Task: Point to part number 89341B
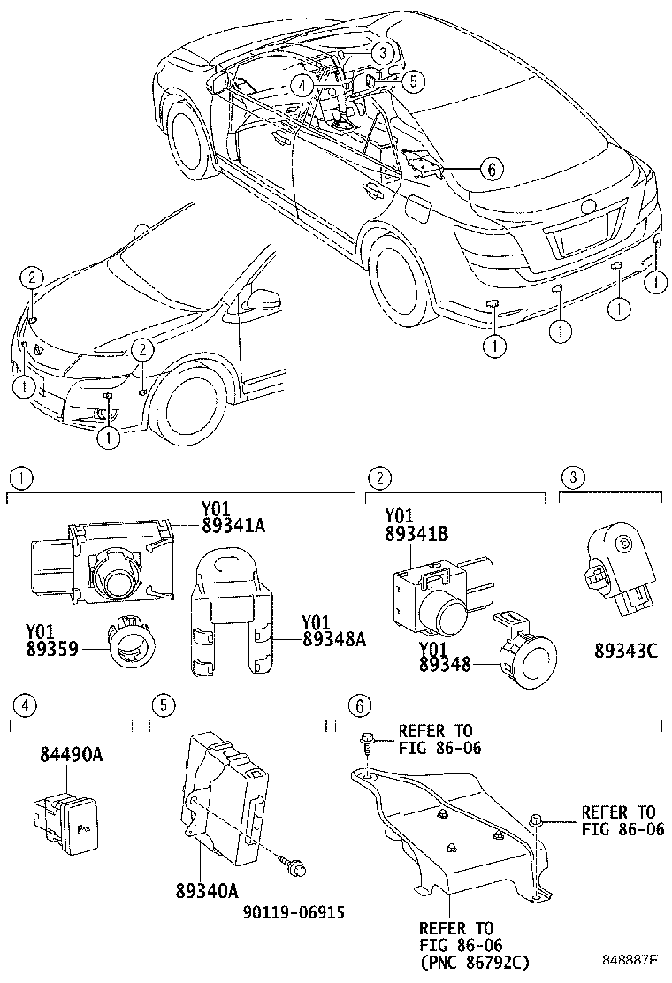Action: tap(416, 534)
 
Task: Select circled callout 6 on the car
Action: tap(492, 167)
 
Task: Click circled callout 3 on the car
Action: tap(379, 52)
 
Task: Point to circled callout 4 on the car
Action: tap(302, 85)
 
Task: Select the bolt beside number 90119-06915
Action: tap(298, 867)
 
